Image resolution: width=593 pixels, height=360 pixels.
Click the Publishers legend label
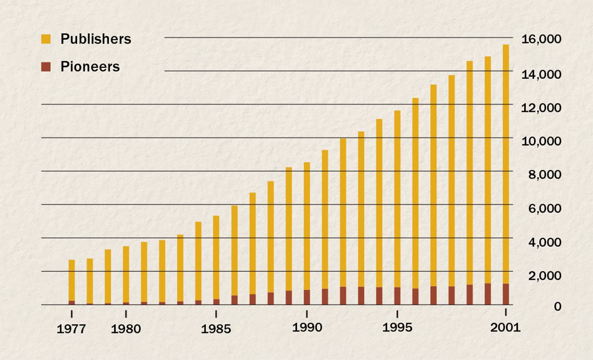point(96,39)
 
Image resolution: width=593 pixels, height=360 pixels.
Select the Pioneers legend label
point(90,67)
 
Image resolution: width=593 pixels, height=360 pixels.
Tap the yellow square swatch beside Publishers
point(46,39)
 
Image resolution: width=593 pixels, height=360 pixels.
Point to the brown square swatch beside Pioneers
point(46,67)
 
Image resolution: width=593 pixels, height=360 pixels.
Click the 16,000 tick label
point(541,40)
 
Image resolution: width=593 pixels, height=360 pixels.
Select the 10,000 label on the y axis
point(541,141)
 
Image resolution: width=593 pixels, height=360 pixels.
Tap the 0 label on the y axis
point(557,307)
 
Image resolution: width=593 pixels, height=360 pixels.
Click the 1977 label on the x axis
point(72,329)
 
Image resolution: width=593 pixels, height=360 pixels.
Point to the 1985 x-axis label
point(216,329)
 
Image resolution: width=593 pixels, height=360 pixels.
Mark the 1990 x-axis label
point(307,327)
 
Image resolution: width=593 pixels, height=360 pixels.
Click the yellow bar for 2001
point(506,163)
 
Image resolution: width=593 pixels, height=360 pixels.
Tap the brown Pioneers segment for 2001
point(506,294)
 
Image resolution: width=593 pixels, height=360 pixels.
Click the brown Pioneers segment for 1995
point(397,296)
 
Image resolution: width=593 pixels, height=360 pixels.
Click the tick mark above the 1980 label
point(126,314)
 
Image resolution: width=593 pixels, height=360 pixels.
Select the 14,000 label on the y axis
point(541,74)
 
